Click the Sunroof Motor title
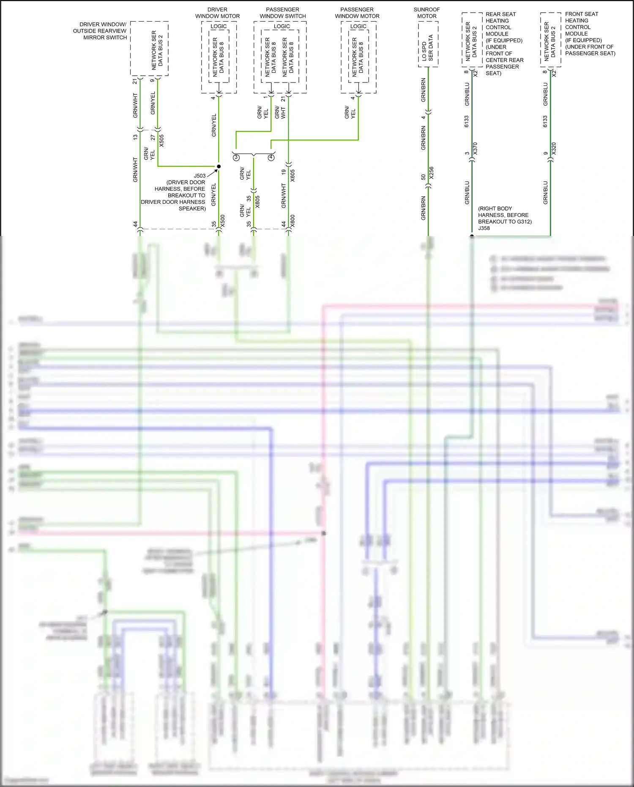click(x=426, y=13)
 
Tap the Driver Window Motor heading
click(x=217, y=13)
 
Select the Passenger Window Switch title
click(x=282, y=13)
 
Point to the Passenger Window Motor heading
click(x=357, y=13)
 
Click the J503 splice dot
click(x=219, y=166)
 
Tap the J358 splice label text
click(x=484, y=228)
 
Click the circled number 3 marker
click(x=236, y=157)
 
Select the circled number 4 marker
click(x=271, y=157)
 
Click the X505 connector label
click(x=161, y=140)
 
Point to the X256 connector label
click(x=431, y=173)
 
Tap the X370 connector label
click(x=475, y=148)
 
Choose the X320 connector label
click(x=554, y=148)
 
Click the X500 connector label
click(x=223, y=221)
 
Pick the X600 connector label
click(x=292, y=221)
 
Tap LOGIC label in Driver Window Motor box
click(x=219, y=26)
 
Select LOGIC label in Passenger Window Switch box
click(x=281, y=26)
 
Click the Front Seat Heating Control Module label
click(x=590, y=33)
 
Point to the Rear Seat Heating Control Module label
click(x=504, y=44)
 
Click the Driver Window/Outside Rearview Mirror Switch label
click(x=100, y=31)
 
